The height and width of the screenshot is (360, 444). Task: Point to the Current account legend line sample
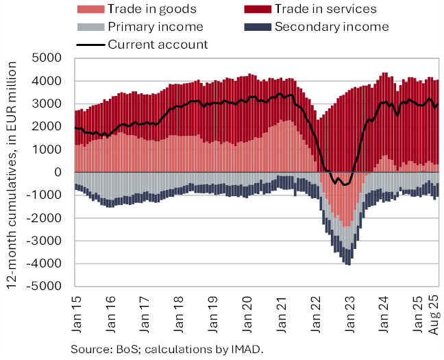[90, 45]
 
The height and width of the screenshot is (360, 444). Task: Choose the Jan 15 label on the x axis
[77, 309]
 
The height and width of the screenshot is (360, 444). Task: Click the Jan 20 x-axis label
[251, 309]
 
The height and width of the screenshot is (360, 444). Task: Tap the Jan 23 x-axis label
[355, 309]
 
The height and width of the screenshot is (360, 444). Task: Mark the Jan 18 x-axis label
[181, 309]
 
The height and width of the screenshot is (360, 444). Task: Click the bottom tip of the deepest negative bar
[349, 265]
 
